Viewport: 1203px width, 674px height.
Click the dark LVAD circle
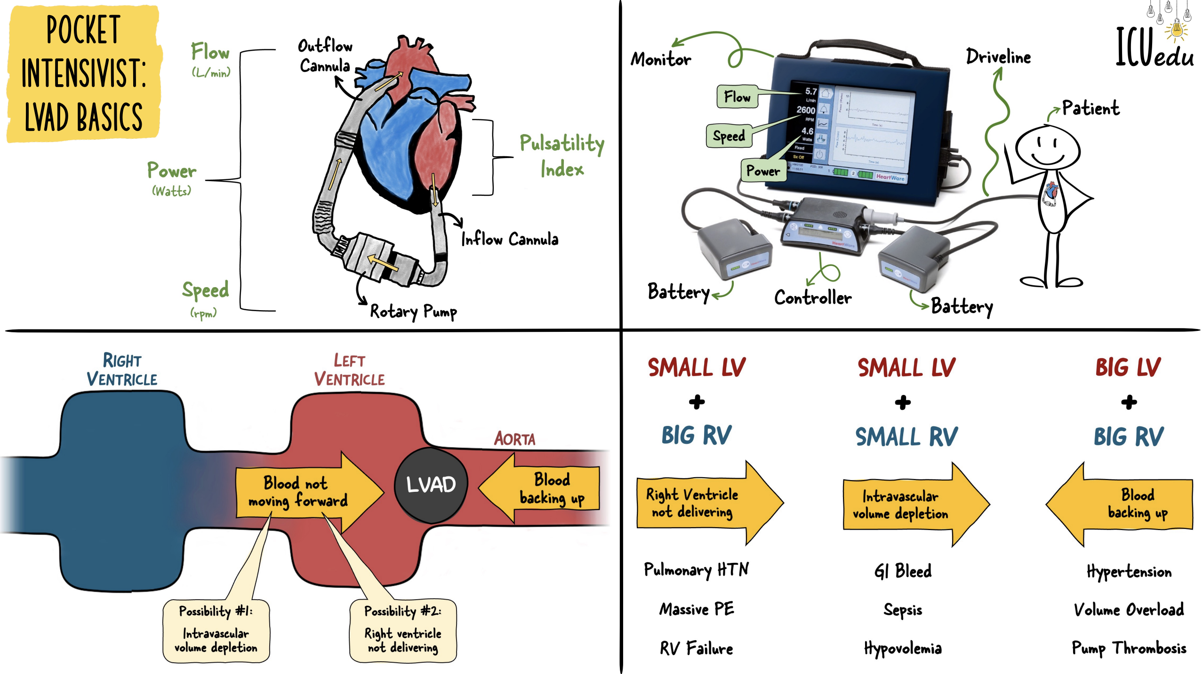(x=431, y=484)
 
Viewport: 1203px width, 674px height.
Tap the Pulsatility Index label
(x=561, y=156)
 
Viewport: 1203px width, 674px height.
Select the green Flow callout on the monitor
(x=737, y=97)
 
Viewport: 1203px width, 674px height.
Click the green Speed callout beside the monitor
(x=729, y=136)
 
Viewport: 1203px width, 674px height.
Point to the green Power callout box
(x=762, y=170)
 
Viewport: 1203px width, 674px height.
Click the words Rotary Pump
(x=413, y=312)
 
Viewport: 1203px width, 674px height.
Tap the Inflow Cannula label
(x=509, y=240)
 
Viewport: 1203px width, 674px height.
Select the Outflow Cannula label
(x=325, y=56)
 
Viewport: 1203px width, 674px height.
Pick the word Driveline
(x=998, y=57)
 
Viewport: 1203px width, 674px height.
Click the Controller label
(x=813, y=297)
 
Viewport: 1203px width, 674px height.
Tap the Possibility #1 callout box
(x=216, y=630)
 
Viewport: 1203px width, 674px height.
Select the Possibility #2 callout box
(x=403, y=630)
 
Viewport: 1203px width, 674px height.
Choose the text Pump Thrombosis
(x=1129, y=648)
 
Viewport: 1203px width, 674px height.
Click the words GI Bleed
(x=903, y=571)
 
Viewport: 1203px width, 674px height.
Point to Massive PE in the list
(x=697, y=609)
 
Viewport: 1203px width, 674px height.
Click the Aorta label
(x=514, y=439)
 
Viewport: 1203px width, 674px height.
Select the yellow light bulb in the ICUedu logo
(x=1176, y=31)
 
